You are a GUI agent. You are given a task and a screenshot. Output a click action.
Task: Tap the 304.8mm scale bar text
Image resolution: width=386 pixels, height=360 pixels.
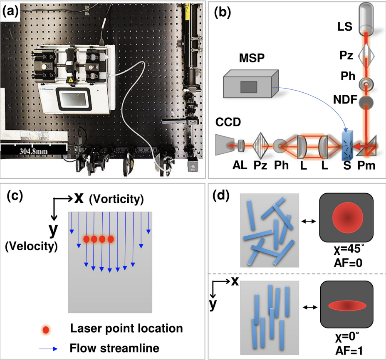pyautogui.click(x=33, y=152)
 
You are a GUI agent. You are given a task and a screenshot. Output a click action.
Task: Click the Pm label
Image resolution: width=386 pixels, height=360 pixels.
pyautogui.click(x=368, y=167)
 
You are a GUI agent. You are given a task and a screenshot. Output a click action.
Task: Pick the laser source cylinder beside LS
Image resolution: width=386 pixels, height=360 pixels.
pyautogui.click(x=367, y=19)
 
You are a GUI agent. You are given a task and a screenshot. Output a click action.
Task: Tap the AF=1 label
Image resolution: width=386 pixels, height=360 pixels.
pyautogui.click(x=348, y=350)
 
